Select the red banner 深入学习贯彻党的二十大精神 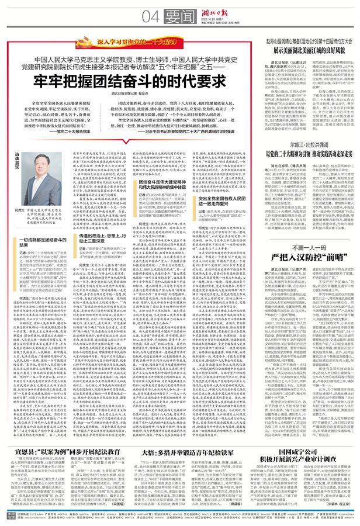click(x=123, y=42)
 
